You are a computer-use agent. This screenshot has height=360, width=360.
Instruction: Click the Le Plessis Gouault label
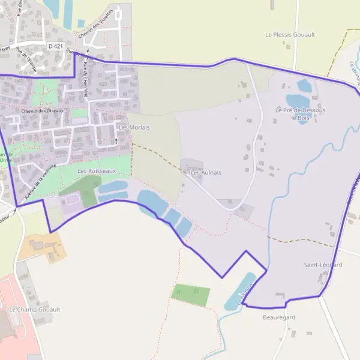[290, 35]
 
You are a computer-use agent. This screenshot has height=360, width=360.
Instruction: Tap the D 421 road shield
[55, 46]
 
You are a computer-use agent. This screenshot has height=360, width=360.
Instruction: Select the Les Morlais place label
[134, 127]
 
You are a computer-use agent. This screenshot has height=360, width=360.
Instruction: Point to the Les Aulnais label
[205, 172]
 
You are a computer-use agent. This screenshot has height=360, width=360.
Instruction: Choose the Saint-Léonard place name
[323, 265]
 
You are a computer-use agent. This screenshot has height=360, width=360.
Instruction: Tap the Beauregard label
[279, 317]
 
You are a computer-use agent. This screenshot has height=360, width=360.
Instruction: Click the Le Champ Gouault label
[34, 310]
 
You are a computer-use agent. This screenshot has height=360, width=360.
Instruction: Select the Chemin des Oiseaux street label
[42, 111]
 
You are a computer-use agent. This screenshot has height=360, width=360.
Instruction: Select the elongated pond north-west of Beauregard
[239, 292]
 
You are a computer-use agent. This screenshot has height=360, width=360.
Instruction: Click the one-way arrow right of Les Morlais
[116, 140]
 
